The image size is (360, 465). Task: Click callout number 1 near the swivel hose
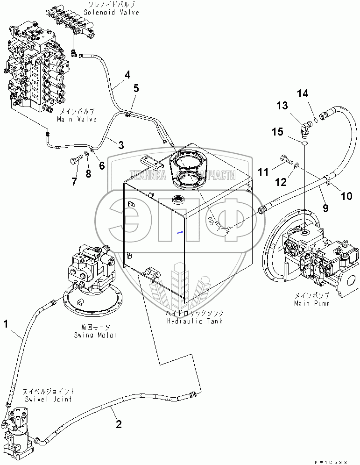point(7,323)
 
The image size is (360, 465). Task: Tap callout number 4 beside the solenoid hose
point(127,74)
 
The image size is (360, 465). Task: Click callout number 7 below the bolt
point(74,182)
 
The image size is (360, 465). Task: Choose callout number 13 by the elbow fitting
point(282,106)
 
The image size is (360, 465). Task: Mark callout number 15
point(278,132)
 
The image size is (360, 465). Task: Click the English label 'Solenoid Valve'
point(112,13)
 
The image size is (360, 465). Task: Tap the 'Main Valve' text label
point(77,119)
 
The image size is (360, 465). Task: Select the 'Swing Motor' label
point(95,335)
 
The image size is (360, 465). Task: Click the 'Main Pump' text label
point(311,303)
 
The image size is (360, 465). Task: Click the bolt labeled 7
point(75,161)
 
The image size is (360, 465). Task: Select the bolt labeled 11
point(286,160)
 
